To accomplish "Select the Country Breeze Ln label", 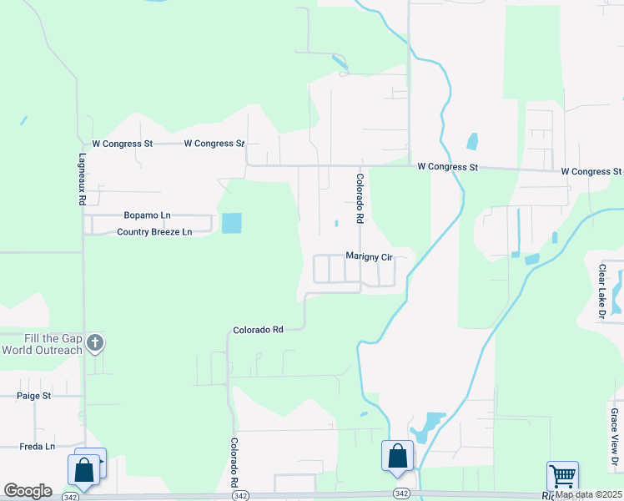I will [x=154, y=232].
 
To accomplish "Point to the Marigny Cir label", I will [x=369, y=258].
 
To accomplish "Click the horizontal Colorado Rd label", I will [x=259, y=330].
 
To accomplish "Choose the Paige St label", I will [x=35, y=396].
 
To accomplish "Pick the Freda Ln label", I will [x=37, y=447].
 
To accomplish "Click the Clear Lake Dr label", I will [x=601, y=292].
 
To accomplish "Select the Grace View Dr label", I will [x=613, y=438].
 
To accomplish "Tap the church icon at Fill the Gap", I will [x=96, y=342].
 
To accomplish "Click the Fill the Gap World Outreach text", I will [x=42, y=344].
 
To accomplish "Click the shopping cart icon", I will [x=563, y=477].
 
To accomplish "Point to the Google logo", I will [x=28, y=491].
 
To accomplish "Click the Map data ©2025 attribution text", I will [x=589, y=495].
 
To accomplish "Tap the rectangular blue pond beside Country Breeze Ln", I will [x=231, y=223].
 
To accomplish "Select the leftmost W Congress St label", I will [x=122, y=144].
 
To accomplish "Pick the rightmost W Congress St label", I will [x=591, y=172].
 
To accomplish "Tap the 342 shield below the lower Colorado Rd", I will [x=241, y=495].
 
